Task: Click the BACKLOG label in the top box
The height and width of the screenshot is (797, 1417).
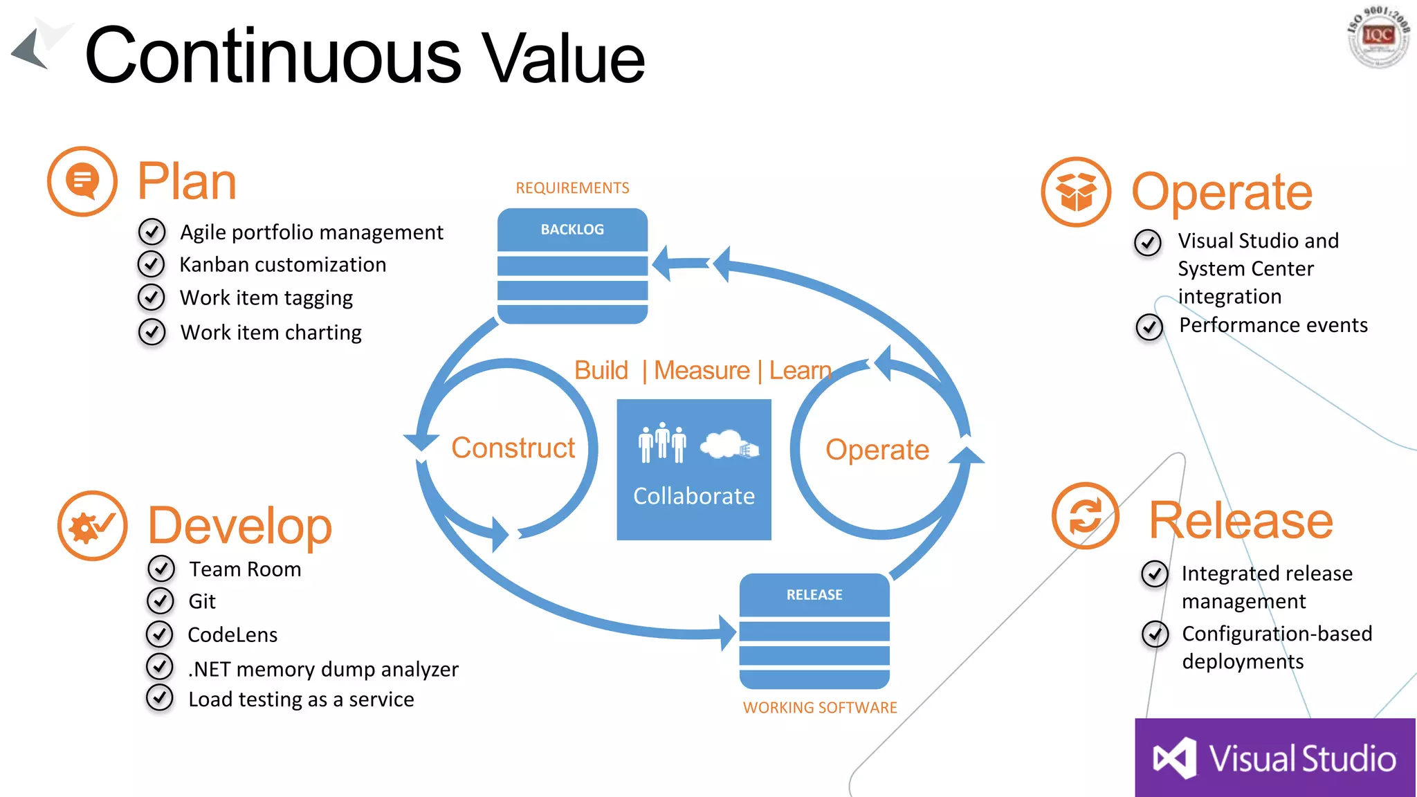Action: tap(572, 230)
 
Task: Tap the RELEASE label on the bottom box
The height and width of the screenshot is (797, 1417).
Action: tap(814, 595)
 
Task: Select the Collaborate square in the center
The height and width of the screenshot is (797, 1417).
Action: tap(694, 470)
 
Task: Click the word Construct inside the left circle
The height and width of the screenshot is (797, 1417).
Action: tap(513, 448)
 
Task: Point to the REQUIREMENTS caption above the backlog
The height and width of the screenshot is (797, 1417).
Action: tap(572, 188)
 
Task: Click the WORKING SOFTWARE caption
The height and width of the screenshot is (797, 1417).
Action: tap(820, 708)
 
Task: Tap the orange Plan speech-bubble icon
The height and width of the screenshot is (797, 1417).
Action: tap(82, 181)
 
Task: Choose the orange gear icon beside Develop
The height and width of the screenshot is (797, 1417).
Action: tap(93, 526)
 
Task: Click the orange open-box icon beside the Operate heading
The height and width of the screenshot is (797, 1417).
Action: tap(1077, 192)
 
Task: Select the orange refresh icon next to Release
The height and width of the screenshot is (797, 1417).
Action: tap(1086, 516)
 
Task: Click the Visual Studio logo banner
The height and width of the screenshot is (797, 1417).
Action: tap(1275, 758)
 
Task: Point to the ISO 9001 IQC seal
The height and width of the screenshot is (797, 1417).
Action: tap(1378, 37)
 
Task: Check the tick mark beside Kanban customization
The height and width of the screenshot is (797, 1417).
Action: tap(152, 264)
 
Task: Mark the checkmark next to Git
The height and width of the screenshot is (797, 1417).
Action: tap(161, 601)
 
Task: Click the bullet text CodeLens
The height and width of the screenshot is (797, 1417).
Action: tap(232, 635)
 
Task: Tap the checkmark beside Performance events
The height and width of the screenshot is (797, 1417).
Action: tap(1149, 326)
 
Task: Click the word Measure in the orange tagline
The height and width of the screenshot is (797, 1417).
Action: tap(702, 371)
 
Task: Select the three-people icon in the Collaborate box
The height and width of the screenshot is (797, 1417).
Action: tap(662, 442)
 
